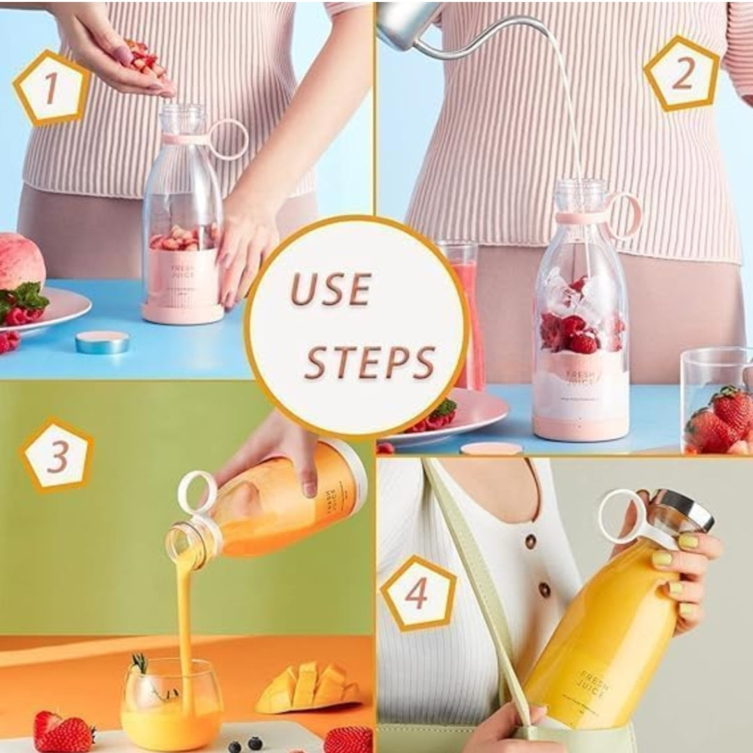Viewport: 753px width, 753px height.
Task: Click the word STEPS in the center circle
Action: pyautogui.click(x=370, y=362)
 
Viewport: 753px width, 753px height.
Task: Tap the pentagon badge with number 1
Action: pyautogui.click(x=50, y=88)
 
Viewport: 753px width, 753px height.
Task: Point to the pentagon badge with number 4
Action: pyautogui.click(x=417, y=594)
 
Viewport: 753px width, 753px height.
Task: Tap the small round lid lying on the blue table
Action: pyautogui.click(x=102, y=342)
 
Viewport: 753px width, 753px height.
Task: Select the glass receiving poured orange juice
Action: pyautogui.click(x=172, y=705)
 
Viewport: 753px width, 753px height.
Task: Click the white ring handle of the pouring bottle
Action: pyautogui.click(x=196, y=491)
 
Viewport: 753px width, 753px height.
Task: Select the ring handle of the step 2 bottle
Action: pyautogui.click(x=625, y=214)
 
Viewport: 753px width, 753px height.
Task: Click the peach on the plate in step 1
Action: pyautogui.click(x=21, y=262)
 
